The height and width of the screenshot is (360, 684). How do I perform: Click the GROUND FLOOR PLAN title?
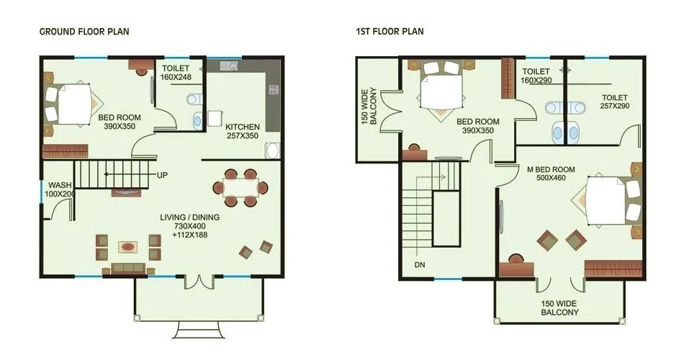[x=84, y=32]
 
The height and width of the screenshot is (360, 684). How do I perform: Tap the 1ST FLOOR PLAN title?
[x=390, y=32]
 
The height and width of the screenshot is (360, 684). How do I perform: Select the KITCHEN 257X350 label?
[x=242, y=132]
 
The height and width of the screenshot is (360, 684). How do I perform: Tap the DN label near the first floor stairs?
[x=421, y=264]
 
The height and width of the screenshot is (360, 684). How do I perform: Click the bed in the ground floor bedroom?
[x=70, y=104]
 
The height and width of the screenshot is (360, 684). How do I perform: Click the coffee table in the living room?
[x=128, y=247]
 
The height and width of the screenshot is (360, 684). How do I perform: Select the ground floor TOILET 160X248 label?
[x=176, y=72]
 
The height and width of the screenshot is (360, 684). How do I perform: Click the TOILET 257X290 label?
[x=614, y=102]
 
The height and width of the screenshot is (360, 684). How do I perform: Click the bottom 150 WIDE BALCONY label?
[x=559, y=308]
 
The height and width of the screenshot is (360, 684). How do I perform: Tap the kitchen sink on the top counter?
[x=229, y=66]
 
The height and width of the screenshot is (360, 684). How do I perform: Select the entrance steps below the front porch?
[x=199, y=331]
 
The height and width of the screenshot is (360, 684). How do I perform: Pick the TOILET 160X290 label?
[x=536, y=76]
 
